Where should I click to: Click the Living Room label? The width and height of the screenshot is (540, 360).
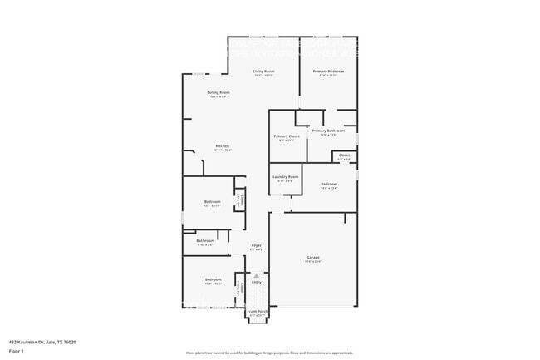click(263, 72)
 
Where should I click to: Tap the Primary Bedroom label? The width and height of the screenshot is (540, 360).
click(328, 72)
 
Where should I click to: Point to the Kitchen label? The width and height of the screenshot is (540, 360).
click(222, 146)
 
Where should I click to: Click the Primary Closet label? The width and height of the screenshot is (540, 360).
click(287, 136)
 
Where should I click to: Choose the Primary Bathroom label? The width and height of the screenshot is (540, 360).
click(328, 131)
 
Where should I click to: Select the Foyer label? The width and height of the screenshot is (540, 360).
click(257, 245)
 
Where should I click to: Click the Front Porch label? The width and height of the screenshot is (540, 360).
click(257, 312)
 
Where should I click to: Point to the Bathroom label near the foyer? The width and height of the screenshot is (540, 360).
click(204, 241)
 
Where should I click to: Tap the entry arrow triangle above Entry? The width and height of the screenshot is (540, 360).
click(257, 275)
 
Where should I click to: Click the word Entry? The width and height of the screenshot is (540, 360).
click(257, 282)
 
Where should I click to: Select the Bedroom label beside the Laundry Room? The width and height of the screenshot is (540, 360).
click(329, 184)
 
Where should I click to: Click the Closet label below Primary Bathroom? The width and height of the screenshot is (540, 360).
click(344, 155)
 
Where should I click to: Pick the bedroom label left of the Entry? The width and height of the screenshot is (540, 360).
click(213, 279)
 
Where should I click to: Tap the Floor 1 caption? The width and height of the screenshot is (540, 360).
click(17, 350)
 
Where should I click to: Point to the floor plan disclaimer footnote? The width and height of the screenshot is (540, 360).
click(269, 353)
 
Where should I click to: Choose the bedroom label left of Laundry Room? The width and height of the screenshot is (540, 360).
click(212, 202)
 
